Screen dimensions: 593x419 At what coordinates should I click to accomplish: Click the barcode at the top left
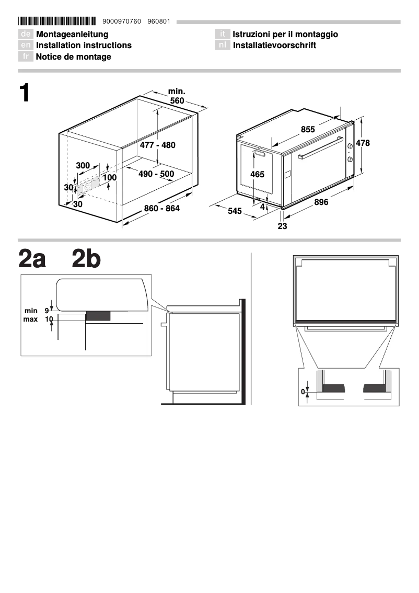pos(57,21)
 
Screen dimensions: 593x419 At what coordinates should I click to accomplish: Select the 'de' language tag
pos(26,35)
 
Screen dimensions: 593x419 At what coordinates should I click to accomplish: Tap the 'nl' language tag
pos(223,45)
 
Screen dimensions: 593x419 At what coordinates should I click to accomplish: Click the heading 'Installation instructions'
pos(84,45)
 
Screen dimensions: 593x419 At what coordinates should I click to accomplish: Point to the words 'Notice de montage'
pos(73,57)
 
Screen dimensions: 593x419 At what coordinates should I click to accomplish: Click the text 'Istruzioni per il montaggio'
pos(285,35)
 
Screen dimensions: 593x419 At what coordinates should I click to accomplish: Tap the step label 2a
pos(32,259)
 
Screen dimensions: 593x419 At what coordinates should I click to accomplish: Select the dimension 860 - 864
pos(162,209)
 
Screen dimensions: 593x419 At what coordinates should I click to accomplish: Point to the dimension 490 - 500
pos(156,174)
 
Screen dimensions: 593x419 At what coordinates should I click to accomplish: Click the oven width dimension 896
pos(321,202)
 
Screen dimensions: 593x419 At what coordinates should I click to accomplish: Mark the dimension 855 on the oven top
pos(308,130)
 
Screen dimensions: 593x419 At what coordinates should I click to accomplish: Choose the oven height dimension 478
pos(363,143)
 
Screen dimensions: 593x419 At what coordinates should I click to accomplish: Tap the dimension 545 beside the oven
pos(235,211)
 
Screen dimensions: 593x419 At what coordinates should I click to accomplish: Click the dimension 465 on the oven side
pos(258,175)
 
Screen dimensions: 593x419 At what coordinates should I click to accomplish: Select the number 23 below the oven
pos(283,226)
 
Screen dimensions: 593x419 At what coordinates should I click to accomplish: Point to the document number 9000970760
pos(123,21)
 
